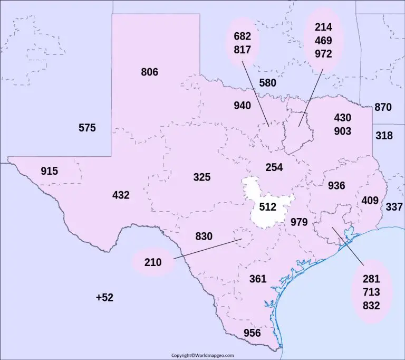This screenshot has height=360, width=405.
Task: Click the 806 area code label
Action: pyautogui.click(x=149, y=72)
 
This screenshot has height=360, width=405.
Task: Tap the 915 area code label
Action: pyautogui.click(x=49, y=171)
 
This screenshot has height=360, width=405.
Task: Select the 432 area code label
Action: pyautogui.click(x=121, y=195)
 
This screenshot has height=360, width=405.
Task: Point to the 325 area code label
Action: pyautogui.click(x=201, y=177)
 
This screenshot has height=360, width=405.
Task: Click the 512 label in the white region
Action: pyautogui.click(x=268, y=207)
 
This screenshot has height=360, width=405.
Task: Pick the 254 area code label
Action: pyautogui.click(x=274, y=167)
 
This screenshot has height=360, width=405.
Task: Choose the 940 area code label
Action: pyautogui.click(x=242, y=106)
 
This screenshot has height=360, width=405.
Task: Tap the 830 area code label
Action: pyautogui.click(x=204, y=236)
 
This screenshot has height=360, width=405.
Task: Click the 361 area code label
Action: pyautogui.click(x=258, y=279)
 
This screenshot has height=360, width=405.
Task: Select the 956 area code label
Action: pyautogui.click(x=252, y=333)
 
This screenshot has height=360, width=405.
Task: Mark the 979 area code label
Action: pyautogui.click(x=299, y=222)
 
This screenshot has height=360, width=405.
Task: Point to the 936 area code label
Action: pyautogui.click(x=336, y=185)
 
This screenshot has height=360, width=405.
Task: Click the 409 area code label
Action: pyautogui.click(x=370, y=201)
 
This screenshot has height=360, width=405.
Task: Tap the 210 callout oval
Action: pyautogui.click(x=153, y=262)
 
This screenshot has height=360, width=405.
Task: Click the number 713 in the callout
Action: pyautogui.click(x=371, y=292)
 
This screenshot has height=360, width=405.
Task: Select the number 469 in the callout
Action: pyautogui.click(x=323, y=40)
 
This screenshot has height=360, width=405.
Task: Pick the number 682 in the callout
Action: pyautogui.click(x=242, y=36)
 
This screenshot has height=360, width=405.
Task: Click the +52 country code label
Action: pyautogui.click(x=104, y=298)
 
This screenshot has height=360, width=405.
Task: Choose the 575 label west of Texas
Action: pyautogui.click(x=87, y=128)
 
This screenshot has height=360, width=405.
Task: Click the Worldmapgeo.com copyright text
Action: pyautogui.click(x=202, y=355)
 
